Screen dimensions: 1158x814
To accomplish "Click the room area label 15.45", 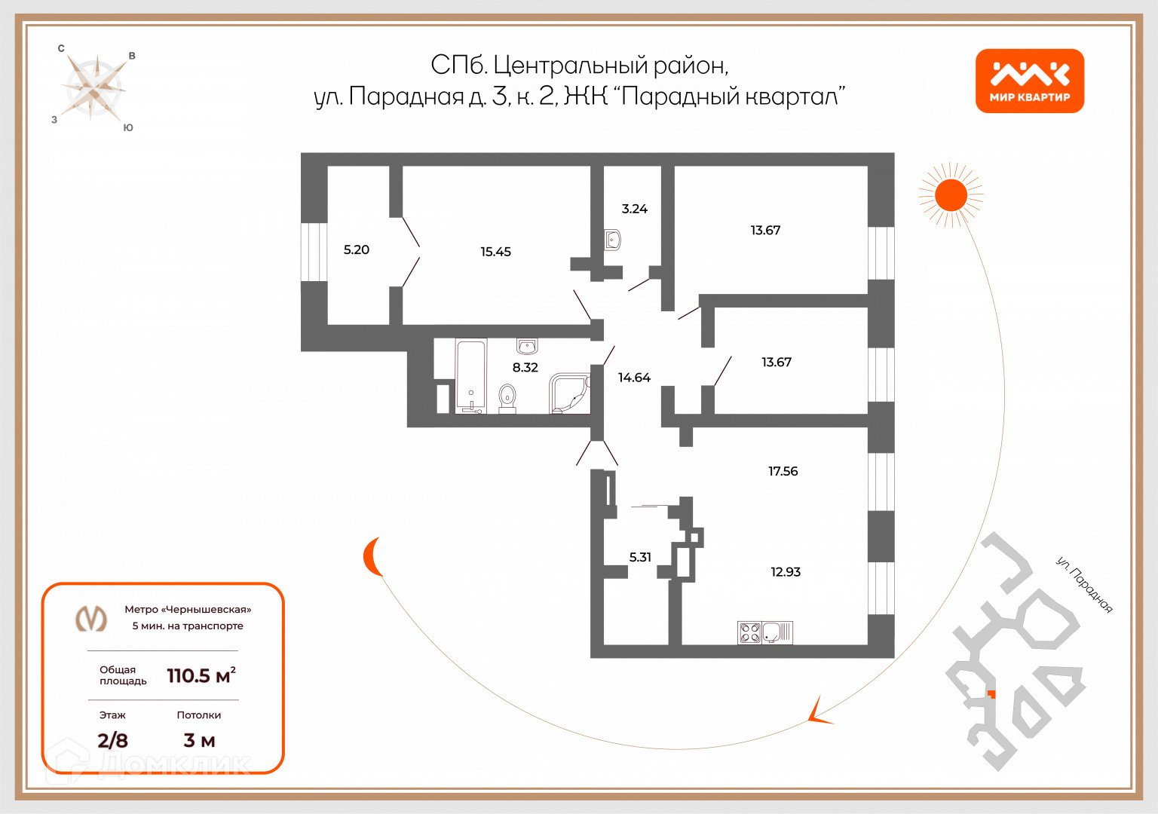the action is coord(495,252).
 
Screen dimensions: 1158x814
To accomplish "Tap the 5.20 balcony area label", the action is coord(357,249).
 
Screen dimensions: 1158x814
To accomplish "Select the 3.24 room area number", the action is coord(634,209).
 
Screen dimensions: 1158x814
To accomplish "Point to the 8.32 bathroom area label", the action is coord(525,368).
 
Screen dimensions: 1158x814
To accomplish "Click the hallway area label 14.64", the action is coord(634,378).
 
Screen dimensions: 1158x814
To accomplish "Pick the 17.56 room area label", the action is coord(783,471).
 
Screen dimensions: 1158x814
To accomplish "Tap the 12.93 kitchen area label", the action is coord(785,572).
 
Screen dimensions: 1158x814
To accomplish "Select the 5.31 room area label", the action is coord(640,557).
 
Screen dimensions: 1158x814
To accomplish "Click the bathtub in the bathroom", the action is coord(471,376).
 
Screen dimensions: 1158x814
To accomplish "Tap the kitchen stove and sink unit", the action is coord(764,632).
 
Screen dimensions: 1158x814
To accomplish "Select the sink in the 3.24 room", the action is coord(612,240).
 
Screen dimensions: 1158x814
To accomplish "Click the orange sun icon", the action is coord(951,195).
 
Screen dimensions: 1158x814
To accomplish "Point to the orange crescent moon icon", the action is coord(371,557).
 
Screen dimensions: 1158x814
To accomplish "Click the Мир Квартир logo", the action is coord(1029,81).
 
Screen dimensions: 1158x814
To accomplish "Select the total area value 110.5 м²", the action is coord(201,675).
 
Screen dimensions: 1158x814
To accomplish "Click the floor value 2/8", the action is coord(112,740).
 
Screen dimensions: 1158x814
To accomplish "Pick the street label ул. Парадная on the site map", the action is coord(1084,585).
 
